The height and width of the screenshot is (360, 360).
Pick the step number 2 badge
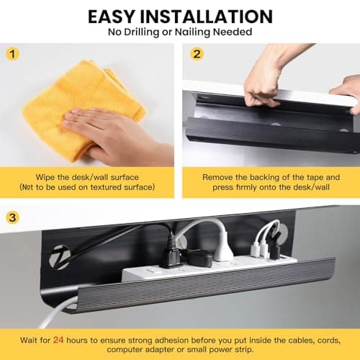point(197,54)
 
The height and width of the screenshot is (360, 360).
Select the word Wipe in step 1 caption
point(45,176)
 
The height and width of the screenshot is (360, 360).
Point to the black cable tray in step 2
point(266,133)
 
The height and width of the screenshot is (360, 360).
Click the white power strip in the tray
point(209,270)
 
